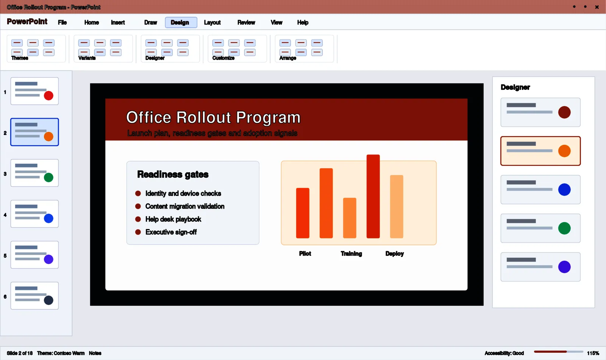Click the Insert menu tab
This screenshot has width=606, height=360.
coord(118,22)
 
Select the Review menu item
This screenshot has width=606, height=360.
coord(246,22)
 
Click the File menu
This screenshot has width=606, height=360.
coord(62,22)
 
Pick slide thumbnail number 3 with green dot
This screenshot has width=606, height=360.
coord(34,173)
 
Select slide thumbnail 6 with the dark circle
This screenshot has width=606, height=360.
coord(34,296)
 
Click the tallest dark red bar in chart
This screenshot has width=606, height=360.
coord(373,196)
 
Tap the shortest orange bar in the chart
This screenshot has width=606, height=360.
coord(350,218)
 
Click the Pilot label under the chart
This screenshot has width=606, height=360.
coord(305,254)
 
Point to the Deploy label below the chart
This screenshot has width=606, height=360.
coord(394,254)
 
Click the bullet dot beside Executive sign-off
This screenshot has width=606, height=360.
coord(138,232)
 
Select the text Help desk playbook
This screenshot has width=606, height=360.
coord(173,219)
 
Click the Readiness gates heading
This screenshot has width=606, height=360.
coord(173,174)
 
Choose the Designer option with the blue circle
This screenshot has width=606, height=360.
coord(540,189)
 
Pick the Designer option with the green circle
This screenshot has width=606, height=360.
coord(540,228)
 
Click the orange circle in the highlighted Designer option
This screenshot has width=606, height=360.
coord(564,151)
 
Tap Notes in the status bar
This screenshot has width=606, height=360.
coord(95,353)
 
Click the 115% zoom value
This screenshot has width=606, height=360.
coord(593,353)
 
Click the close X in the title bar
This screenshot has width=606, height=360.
coord(597,7)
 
